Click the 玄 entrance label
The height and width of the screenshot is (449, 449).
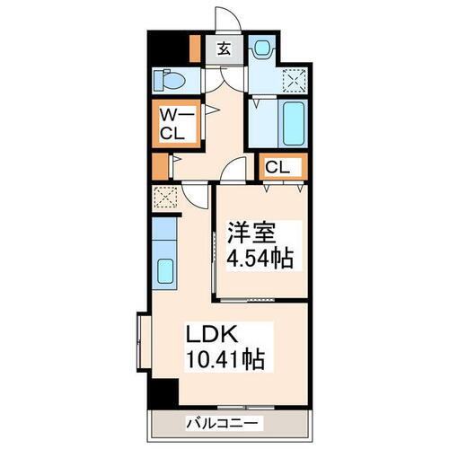coord(223,48)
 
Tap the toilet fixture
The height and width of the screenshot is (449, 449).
coord(171,81)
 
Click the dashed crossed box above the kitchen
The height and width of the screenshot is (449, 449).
coord(163,195)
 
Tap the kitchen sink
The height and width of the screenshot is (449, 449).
coord(165,269)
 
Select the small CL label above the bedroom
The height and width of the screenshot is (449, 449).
coord(277,166)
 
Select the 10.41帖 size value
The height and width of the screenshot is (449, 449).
coord(224,361)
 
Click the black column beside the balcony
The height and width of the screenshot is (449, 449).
coord(162,392)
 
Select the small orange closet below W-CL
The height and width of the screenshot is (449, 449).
coord(160,166)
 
